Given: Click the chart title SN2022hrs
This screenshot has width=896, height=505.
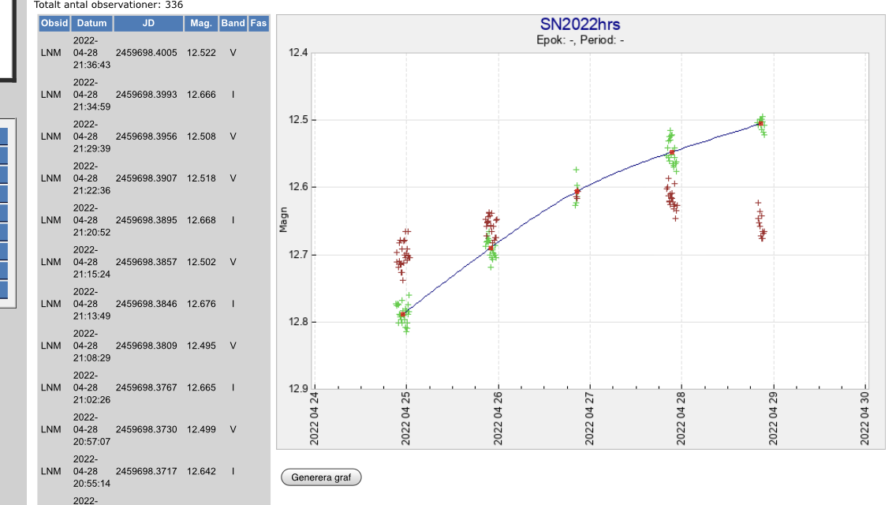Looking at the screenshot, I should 580,25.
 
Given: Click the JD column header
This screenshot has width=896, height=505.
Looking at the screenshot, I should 148,24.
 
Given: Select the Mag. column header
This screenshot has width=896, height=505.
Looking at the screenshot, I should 201,24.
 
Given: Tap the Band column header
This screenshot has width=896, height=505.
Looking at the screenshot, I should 233,24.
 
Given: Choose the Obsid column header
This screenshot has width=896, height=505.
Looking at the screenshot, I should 54,24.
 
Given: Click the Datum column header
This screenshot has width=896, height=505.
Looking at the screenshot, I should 91,24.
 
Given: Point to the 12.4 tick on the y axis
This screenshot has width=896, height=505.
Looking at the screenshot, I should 297,53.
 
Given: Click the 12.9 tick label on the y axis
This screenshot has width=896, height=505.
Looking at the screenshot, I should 297,389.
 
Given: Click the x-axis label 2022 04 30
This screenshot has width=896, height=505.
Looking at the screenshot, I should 865,419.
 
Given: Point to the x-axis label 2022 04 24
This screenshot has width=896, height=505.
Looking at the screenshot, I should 314,419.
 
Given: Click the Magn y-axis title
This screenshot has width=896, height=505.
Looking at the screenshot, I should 284,220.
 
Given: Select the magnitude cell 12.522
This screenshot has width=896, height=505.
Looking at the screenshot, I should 201,52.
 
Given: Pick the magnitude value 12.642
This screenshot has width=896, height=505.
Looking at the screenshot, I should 201,471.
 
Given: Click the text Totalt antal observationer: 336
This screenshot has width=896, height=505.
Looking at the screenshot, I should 108,5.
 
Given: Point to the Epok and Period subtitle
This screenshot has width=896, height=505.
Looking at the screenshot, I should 580,40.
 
